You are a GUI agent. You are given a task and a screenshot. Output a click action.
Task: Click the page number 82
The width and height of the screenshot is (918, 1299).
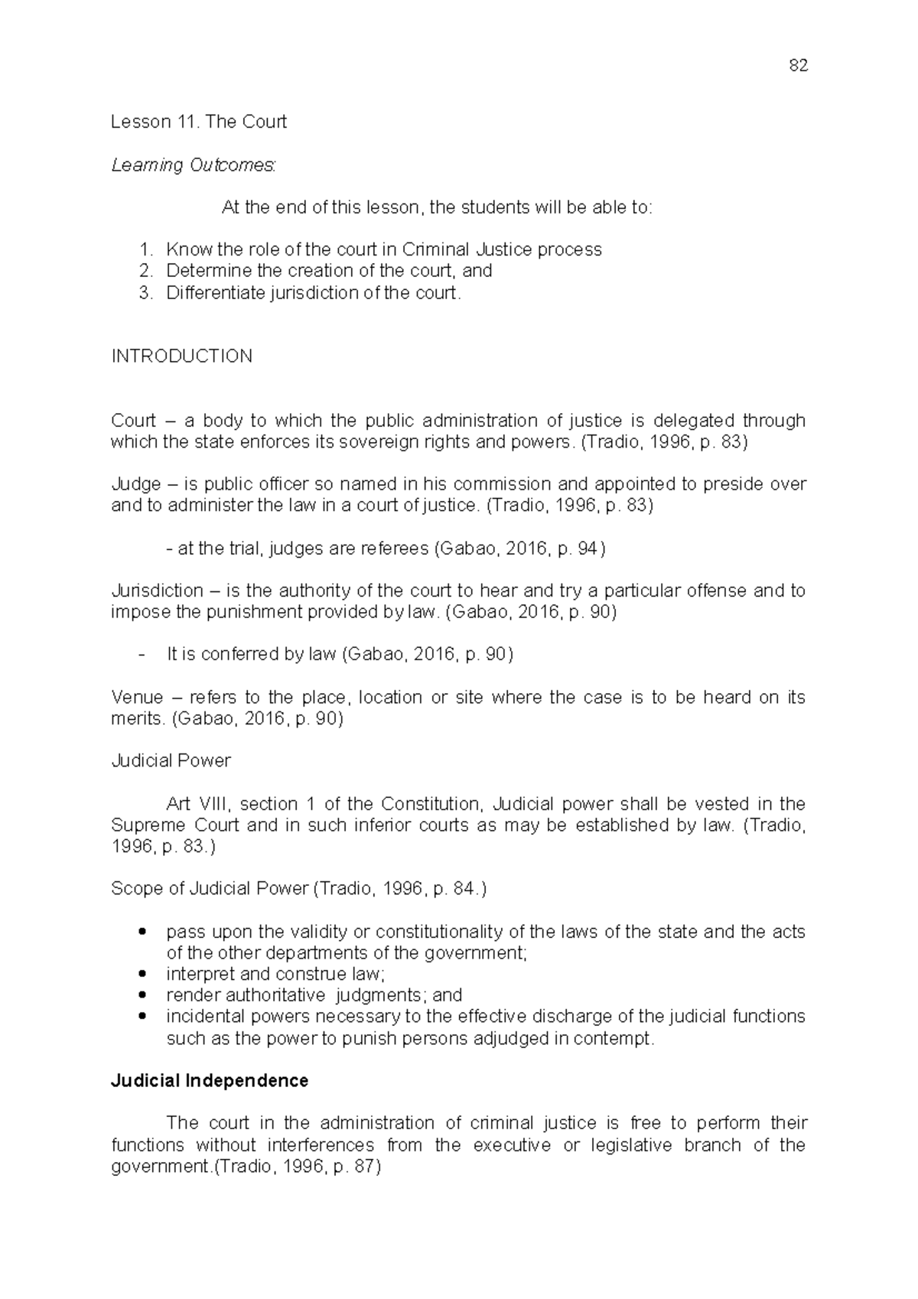coord(797,66)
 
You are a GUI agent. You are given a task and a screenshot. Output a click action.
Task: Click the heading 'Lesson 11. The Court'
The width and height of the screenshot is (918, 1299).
coord(199,122)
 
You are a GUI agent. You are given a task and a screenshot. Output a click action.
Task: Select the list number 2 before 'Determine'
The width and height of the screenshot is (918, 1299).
coord(146,271)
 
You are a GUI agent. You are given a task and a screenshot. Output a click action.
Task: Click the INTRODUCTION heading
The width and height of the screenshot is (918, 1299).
coord(181,356)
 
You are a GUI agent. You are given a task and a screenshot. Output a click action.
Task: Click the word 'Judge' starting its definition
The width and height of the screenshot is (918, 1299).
coord(136,484)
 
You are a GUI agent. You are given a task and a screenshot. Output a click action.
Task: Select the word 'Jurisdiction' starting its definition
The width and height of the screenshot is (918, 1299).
coord(157,591)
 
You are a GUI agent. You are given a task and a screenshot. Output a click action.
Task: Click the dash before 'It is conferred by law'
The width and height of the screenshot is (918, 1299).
coord(143,655)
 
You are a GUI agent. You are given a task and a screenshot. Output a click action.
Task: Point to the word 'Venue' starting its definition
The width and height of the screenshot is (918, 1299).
coord(137,698)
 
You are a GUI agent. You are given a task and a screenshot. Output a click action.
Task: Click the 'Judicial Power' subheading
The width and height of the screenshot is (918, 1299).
coord(171,761)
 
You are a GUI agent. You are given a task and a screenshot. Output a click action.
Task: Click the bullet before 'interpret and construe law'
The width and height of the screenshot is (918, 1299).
coord(143,975)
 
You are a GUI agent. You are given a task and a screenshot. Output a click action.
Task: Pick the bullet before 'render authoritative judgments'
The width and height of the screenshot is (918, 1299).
coord(143,996)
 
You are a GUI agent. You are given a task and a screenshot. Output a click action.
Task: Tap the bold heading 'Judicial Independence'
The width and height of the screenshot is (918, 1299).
coord(210,1081)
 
